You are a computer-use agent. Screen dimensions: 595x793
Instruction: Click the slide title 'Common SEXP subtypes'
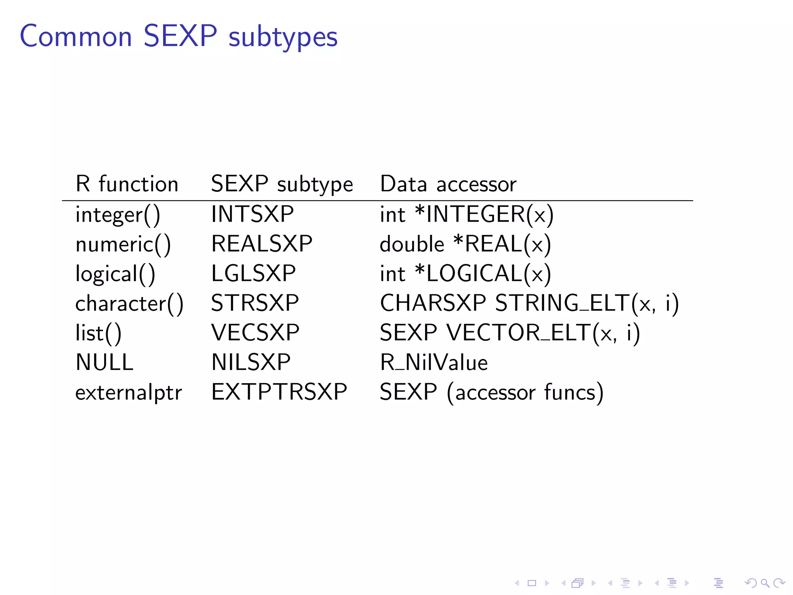point(179,36)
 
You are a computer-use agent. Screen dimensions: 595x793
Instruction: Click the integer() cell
point(118,215)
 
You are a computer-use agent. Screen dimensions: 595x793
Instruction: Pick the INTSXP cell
point(252,214)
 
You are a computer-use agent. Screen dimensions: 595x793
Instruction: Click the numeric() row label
point(123,244)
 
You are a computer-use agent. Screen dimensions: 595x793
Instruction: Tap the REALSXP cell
point(262,244)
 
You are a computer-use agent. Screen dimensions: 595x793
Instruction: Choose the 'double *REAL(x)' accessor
point(465,244)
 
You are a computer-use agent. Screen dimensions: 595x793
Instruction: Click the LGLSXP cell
point(253,273)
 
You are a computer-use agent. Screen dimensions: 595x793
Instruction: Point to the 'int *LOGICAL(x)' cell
point(465,273)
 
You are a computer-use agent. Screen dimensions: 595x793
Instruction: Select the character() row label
point(129,303)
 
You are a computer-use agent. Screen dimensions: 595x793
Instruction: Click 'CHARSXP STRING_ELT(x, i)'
point(529,303)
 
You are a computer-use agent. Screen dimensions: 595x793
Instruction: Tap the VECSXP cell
point(255,332)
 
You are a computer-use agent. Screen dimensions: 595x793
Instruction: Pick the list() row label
point(98,333)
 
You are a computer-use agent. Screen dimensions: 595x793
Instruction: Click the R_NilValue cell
point(434,363)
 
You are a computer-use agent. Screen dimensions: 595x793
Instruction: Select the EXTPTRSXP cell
point(279,392)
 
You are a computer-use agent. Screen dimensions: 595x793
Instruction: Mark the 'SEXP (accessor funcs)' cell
point(491,392)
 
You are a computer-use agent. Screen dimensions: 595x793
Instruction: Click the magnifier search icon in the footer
point(765,583)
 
